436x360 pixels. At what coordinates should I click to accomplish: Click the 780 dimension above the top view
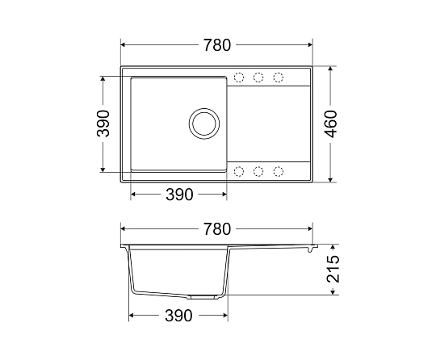[x=217, y=45]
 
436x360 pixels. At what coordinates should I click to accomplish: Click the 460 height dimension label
[x=331, y=124]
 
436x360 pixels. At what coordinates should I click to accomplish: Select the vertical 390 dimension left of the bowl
[x=103, y=123]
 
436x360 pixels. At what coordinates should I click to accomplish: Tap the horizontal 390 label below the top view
[x=179, y=195]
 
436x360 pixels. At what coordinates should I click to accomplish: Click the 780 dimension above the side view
[x=217, y=229]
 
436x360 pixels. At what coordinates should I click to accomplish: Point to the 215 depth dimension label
[x=333, y=269]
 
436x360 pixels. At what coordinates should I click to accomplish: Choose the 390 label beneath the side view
[x=178, y=316]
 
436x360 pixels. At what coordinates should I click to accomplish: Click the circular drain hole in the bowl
[x=204, y=123]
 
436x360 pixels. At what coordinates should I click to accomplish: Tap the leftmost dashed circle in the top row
[x=239, y=77]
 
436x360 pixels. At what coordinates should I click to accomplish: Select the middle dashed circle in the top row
[x=258, y=77]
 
